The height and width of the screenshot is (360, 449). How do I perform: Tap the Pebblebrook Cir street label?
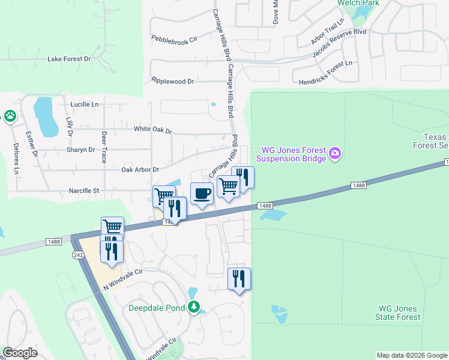click(x=174, y=39)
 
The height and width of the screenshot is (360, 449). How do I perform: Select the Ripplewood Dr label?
click(x=173, y=80)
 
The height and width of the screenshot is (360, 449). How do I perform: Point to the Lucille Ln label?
click(x=84, y=104)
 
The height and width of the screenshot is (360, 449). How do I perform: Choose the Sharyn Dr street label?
click(x=81, y=149)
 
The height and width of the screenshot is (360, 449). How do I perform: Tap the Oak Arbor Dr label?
click(x=140, y=170)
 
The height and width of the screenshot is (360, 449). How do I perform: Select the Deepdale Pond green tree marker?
click(x=193, y=308)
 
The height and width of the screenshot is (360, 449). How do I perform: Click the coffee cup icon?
click(x=202, y=193)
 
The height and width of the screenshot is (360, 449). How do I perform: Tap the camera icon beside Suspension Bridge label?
click(x=335, y=155)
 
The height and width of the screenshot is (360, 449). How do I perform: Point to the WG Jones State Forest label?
click(x=397, y=312)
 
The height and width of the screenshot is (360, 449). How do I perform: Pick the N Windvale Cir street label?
click(x=123, y=279)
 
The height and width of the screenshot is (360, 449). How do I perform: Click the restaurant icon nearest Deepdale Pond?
click(x=239, y=279)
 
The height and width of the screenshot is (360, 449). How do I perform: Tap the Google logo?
click(x=20, y=353)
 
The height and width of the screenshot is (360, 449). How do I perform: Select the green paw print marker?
click(x=10, y=116)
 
